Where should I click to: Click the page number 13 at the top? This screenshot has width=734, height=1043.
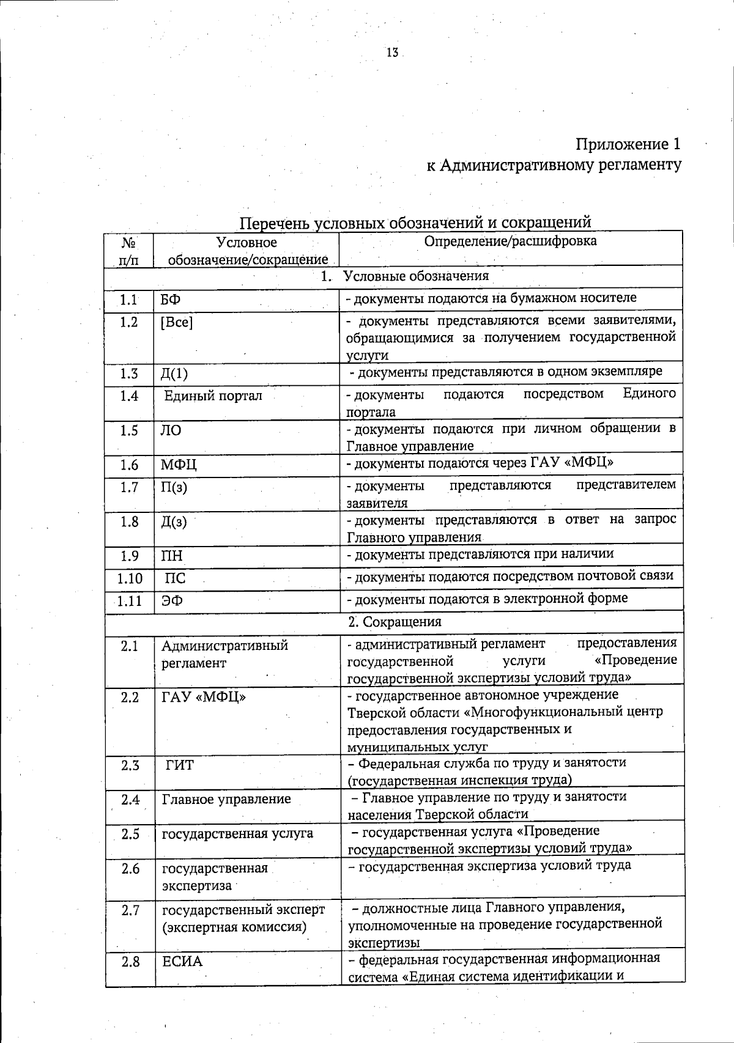[x=392, y=53]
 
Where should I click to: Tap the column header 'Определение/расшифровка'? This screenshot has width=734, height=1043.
[x=510, y=241]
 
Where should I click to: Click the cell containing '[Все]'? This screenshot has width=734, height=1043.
[x=176, y=322]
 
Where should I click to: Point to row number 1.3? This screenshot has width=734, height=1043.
[x=129, y=374]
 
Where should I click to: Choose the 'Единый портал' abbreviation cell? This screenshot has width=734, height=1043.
[x=213, y=396]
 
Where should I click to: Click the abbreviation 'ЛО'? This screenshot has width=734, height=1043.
[x=171, y=430]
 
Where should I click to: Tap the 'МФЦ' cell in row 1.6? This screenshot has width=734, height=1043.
[x=179, y=465]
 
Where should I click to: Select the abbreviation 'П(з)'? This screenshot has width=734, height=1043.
[x=174, y=487]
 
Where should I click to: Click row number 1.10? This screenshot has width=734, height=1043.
[x=129, y=578]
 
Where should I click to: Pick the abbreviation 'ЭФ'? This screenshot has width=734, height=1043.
[x=172, y=600]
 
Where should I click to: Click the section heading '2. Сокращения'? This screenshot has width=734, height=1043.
[x=395, y=622]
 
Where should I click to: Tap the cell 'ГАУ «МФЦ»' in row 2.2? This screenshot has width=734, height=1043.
[x=204, y=697]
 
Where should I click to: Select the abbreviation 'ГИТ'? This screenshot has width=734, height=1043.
[x=179, y=765]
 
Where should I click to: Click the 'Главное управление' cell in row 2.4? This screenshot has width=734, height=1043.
[x=226, y=799]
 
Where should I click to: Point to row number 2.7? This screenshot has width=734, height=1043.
[x=130, y=911]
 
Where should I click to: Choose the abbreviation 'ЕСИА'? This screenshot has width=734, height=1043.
[x=182, y=962]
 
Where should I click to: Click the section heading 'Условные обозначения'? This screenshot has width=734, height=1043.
[x=416, y=276]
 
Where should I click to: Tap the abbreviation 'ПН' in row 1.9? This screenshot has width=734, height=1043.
[x=172, y=556]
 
